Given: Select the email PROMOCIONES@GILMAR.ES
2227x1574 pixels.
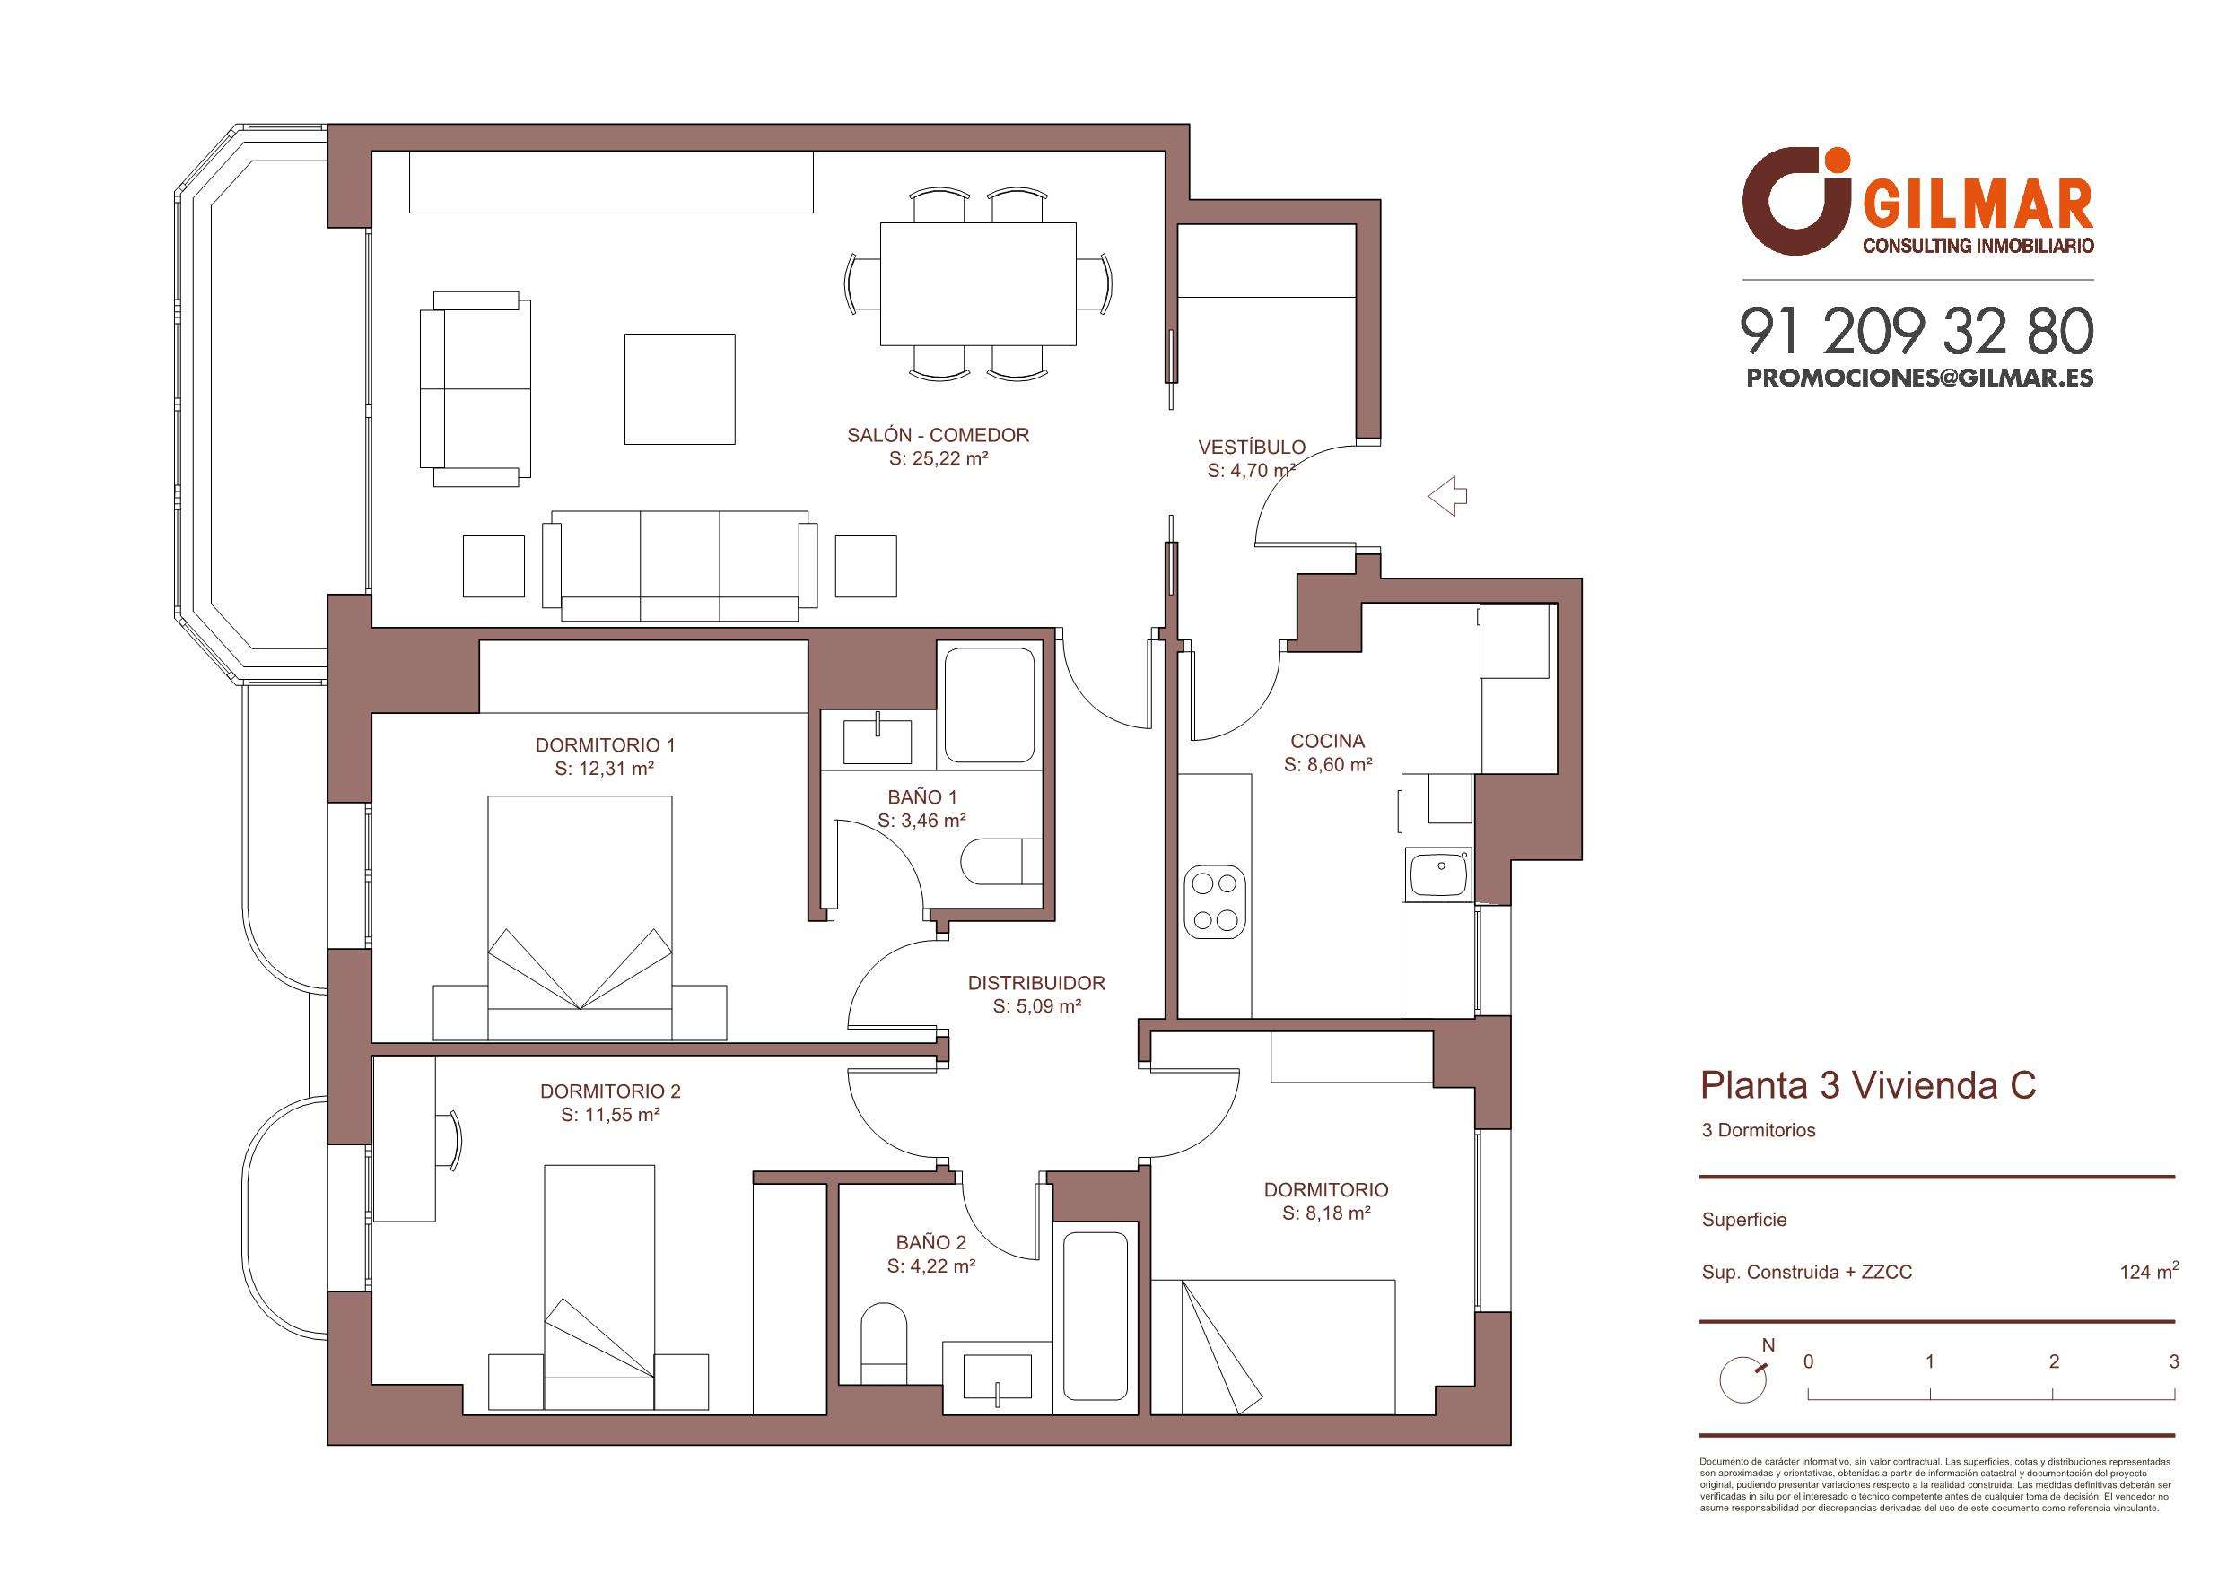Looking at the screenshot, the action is pos(1919,378).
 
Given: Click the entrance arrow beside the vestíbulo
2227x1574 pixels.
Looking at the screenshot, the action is pos(1447,497).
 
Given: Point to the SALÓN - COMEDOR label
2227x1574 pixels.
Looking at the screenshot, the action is pos(938,436).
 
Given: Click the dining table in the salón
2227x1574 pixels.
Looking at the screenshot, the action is pos(978,285).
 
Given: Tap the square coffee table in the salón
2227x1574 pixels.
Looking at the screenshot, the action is pos(679,389).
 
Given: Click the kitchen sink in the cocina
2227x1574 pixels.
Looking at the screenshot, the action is pos(1439,872).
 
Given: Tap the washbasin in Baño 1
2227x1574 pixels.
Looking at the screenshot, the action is pos(878,742).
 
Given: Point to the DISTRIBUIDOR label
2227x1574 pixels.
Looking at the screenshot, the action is pos(1036,983).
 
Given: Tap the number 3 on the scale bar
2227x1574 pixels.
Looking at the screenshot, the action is pos(2174,1361).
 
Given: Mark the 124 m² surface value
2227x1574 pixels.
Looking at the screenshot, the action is pos(2150,1271).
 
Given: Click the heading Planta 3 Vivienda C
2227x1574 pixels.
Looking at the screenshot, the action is pos(1868,1086).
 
